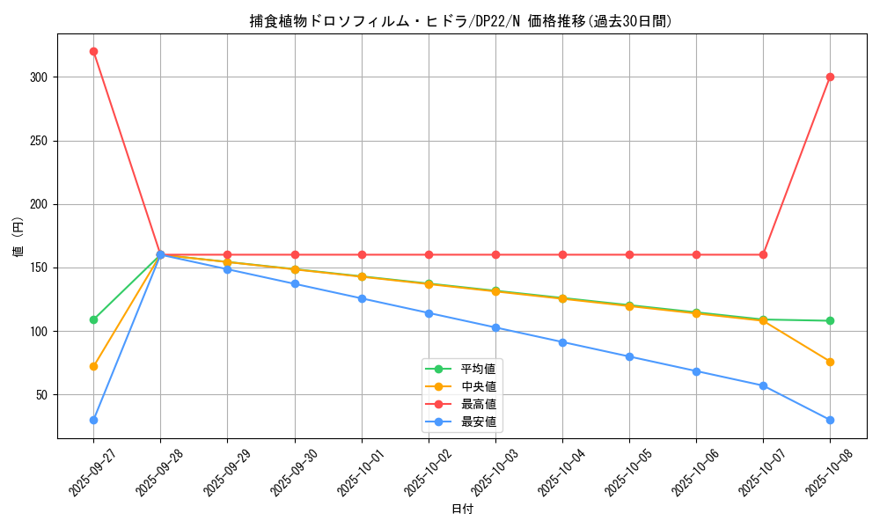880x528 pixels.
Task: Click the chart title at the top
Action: click(x=461, y=21)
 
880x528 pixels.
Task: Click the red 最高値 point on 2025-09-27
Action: click(x=93, y=51)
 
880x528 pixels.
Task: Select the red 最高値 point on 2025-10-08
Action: click(x=830, y=77)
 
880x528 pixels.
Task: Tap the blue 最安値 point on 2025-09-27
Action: click(x=93, y=420)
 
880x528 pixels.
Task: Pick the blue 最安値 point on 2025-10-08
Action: click(x=830, y=420)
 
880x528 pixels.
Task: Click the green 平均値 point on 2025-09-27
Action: click(x=93, y=319)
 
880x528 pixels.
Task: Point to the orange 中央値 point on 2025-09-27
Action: click(x=93, y=366)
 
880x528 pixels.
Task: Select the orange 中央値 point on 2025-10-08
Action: click(x=830, y=362)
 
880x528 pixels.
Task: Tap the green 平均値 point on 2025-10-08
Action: click(x=830, y=320)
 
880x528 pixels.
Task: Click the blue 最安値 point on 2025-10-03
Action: click(x=495, y=327)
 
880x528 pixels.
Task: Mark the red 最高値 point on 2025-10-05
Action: click(x=629, y=254)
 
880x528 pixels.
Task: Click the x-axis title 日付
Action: click(x=461, y=510)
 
